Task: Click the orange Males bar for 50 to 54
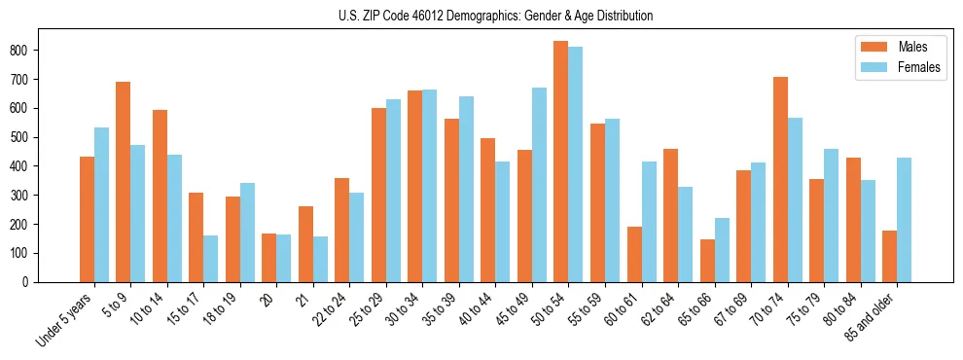(561, 162)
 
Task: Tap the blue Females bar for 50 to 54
(576, 164)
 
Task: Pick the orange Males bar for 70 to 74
(780, 179)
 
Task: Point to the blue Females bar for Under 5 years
(101, 204)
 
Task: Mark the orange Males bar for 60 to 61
(634, 254)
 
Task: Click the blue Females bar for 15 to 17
(211, 259)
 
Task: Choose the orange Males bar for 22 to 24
(342, 230)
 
